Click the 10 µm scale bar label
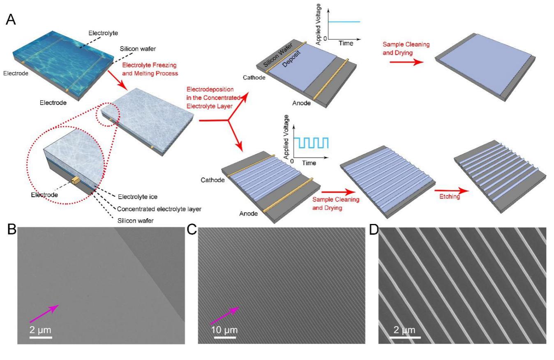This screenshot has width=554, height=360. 224,330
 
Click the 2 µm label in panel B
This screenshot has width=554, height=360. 41,330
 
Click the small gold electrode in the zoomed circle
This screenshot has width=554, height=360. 76,180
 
